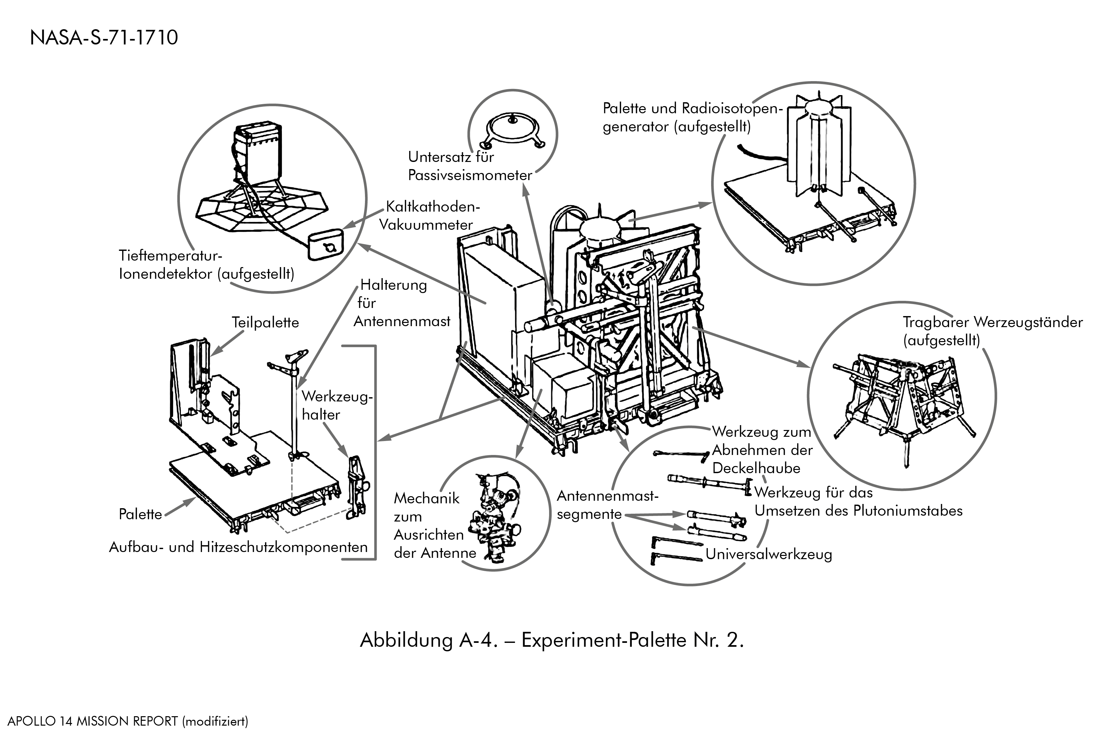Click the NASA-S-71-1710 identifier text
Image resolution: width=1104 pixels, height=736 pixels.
point(104,38)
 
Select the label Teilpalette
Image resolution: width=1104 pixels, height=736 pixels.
point(265,323)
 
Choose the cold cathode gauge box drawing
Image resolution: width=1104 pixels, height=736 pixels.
point(325,244)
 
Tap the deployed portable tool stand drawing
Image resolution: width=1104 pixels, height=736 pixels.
point(902,399)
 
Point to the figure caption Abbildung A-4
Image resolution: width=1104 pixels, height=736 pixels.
point(552,640)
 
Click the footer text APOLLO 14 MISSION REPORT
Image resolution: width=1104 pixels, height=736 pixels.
point(93,721)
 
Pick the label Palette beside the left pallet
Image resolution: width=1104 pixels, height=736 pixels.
point(140,514)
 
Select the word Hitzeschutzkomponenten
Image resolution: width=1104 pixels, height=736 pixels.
point(284,547)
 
